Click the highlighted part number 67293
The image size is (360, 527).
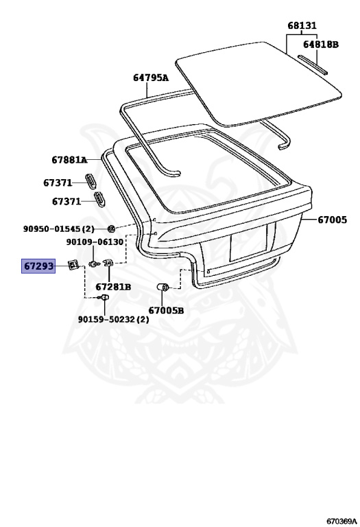coord(38,266)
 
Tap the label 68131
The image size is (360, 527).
coord(302,25)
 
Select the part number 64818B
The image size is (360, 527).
coord(321,44)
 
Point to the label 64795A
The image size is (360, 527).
coord(151,78)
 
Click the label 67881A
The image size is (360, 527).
coord(69,160)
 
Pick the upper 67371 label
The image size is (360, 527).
coord(58,183)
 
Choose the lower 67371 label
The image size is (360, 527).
coord(67,201)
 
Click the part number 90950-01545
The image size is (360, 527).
coord(53,229)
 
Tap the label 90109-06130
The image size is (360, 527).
coord(95,242)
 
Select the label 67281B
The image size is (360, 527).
coord(113,287)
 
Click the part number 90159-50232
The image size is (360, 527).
coord(108,319)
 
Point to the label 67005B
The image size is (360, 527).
coord(166,310)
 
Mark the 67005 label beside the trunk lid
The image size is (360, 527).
coord(332,220)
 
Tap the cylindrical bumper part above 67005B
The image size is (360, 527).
coord(163,288)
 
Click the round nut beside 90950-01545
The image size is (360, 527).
coord(111,229)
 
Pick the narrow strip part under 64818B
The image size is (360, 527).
coord(313,64)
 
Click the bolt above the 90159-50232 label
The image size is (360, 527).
coord(103,297)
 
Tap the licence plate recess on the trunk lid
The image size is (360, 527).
coord(248,242)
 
